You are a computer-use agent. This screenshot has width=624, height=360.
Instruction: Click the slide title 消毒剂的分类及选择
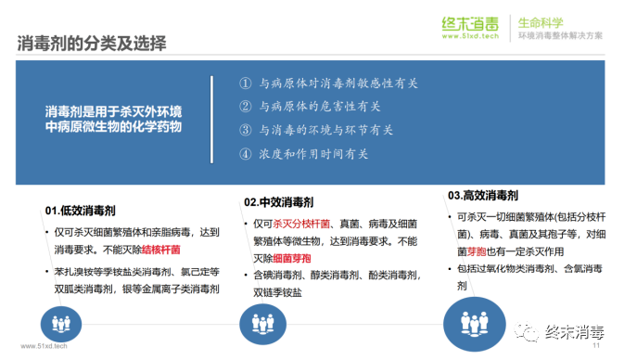click(94, 42)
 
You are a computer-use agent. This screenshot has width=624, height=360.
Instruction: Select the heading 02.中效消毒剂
click(280, 201)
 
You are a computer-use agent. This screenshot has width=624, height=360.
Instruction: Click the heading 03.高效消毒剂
click(482, 196)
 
